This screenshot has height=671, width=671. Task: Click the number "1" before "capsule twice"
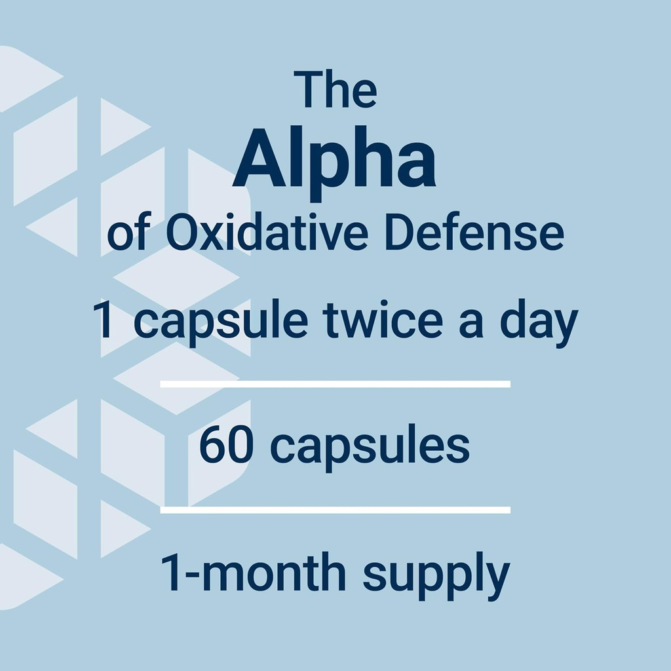(x=103, y=321)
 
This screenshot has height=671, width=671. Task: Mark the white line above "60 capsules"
(x=335, y=384)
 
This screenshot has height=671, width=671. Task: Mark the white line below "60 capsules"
(x=335, y=509)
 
